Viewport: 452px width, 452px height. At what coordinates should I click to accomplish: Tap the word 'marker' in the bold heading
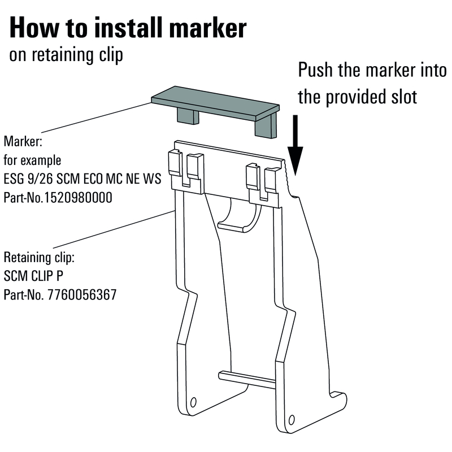tap(207, 28)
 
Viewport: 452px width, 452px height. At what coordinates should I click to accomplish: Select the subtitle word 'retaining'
tap(63, 55)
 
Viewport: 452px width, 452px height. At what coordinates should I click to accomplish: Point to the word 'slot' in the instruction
tap(404, 97)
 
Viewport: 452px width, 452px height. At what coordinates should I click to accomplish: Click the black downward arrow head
tap(295, 160)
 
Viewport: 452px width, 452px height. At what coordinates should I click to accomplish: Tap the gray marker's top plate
tap(215, 103)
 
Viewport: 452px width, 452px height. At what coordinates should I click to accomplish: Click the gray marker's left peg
tap(188, 116)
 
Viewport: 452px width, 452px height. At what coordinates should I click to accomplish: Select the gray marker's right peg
tap(266, 125)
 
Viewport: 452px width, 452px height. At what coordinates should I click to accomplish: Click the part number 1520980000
tap(78, 198)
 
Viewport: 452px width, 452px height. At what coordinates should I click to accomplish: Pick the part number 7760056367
tap(82, 294)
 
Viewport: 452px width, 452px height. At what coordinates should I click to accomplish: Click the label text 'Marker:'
tap(23, 141)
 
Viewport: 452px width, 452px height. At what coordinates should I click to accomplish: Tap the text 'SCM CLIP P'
tap(33, 276)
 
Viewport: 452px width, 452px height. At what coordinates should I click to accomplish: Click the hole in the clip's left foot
tap(193, 402)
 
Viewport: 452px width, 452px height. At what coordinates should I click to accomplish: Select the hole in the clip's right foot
tap(292, 419)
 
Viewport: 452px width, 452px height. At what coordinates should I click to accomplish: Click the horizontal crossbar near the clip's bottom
tap(247, 380)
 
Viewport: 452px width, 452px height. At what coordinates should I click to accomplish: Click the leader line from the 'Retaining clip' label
tap(113, 229)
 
